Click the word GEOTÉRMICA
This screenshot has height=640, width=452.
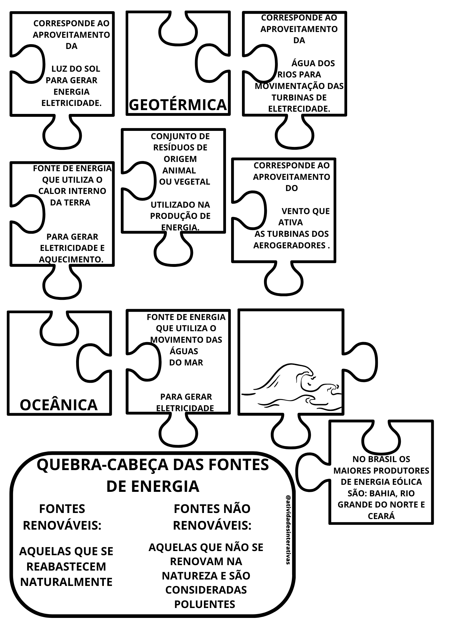pos(178,105)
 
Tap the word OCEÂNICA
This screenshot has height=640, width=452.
pos(58,405)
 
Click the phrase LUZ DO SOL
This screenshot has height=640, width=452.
pos(76,69)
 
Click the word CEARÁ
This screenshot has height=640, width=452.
pos(381,516)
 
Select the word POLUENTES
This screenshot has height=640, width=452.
pos(205,604)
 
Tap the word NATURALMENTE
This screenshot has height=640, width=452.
pos(66,582)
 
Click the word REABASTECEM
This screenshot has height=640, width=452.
pos(66,566)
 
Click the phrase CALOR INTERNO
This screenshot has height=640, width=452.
pos(72,191)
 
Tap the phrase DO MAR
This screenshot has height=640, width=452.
pos(186,363)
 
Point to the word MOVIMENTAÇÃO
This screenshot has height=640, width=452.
pos(285,86)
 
